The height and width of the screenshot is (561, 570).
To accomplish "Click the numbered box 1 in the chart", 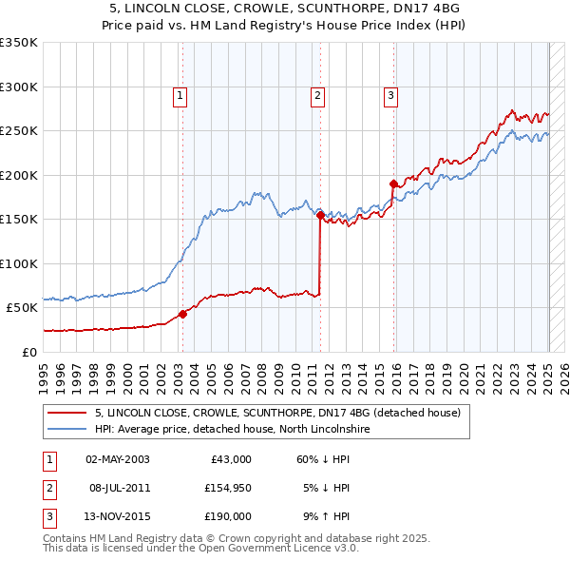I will tap(180, 94).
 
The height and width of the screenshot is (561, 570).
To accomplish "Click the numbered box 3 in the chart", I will tap(390, 94).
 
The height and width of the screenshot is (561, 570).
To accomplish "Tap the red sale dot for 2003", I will tap(183, 315).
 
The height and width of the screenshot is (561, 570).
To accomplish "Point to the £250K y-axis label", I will tap(19, 131).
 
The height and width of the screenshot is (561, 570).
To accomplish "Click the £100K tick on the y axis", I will tap(19, 263).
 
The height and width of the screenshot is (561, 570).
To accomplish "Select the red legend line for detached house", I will tap(66, 413).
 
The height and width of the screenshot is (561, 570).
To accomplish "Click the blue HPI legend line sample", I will tap(66, 430).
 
